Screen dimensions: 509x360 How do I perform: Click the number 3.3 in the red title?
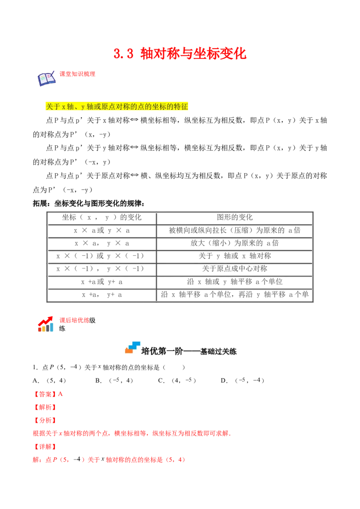pyautogui.click(x=123, y=54)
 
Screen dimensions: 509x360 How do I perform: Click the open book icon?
pyautogui.click(x=46, y=79)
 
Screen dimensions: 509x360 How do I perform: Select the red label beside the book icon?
pyautogui.click(x=78, y=74)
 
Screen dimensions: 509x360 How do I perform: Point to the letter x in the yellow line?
pyautogui.click(x=63, y=107)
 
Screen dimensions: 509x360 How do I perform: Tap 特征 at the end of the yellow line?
pyautogui.click(x=181, y=107)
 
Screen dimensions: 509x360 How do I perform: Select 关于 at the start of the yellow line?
pyautogui.click(x=53, y=107)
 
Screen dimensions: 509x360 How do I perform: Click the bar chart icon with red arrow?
pyautogui.click(x=45, y=324)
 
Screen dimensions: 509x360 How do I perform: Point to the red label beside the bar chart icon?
pyautogui.click(x=74, y=320)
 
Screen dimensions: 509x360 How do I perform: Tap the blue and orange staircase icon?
pyautogui.click(x=133, y=347)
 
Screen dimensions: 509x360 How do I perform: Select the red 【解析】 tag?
pyautogui.click(x=45, y=407)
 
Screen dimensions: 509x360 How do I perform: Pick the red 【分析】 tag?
pyautogui.click(x=45, y=420)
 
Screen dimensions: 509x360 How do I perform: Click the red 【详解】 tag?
pyautogui.click(x=45, y=446)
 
